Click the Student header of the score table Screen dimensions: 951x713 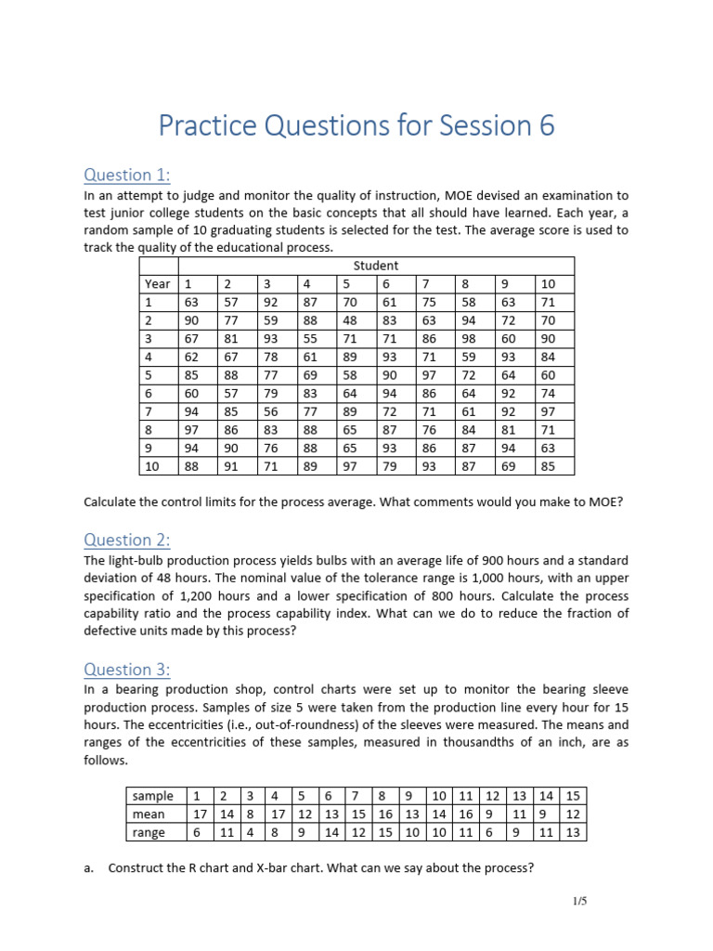click(x=376, y=266)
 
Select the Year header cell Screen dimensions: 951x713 click(x=157, y=283)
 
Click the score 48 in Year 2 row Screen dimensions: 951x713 click(x=349, y=320)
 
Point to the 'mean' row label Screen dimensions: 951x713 click(x=149, y=814)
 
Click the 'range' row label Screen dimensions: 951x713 click(x=149, y=832)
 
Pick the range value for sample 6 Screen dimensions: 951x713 click(x=331, y=832)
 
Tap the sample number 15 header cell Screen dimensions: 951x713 click(x=573, y=795)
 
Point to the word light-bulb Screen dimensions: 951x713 click(x=143, y=561)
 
